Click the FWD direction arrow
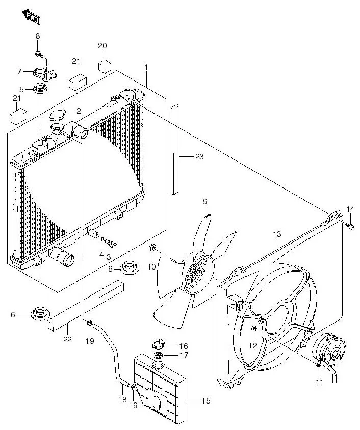click(x=32, y=17)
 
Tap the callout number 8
click(x=38, y=36)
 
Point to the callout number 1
click(x=146, y=67)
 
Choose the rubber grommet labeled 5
click(x=40, y=91)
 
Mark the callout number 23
click(x=199, y=157)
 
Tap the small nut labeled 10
click(x=152, y=248)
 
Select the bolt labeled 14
click(x=350, y=225)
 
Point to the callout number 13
click(x=277, y=234)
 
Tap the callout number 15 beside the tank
click(x=205, y=401)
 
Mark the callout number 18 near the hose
click(x=122, y=400)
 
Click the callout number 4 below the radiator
click(x=101, y=254)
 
